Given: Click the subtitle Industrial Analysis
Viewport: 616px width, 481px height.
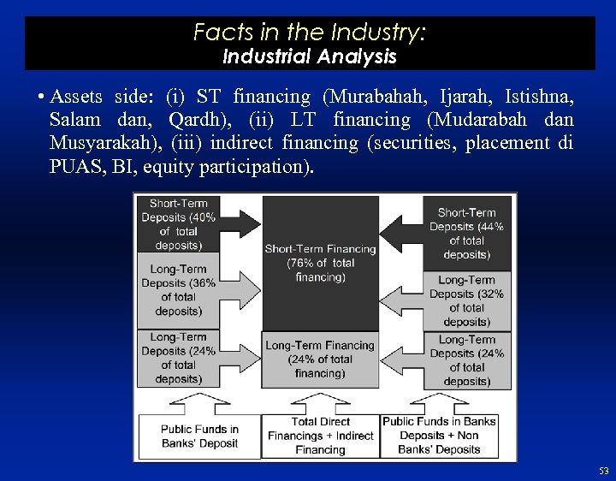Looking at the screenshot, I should pos(309,57).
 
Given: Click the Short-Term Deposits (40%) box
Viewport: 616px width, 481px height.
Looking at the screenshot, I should pos(179,224).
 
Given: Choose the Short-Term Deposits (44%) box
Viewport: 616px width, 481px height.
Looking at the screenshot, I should pos(466,233).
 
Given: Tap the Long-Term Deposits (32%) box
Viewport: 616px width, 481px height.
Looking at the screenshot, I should pos(466,300).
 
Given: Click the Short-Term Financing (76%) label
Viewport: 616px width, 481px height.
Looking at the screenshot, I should pos(320,263).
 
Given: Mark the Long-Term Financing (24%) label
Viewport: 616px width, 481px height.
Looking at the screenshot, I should pos(320,359).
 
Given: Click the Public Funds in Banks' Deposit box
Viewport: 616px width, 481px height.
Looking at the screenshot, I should pos(199,436).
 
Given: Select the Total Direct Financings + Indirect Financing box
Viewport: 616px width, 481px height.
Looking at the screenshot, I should pos(320,436).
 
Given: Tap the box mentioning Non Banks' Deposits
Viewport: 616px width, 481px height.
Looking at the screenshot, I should pos(439,436).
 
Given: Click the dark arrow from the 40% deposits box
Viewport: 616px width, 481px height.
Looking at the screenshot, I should pos(240,224).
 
